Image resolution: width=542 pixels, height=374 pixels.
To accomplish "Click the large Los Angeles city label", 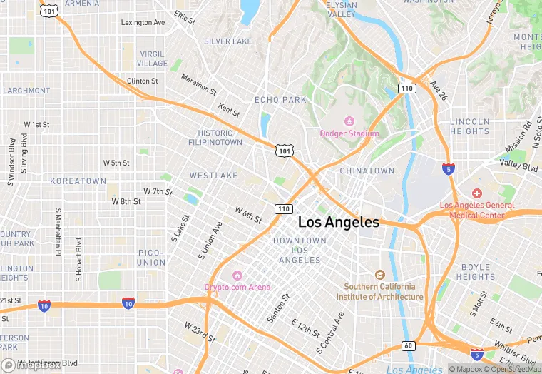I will click(x=339, y=222).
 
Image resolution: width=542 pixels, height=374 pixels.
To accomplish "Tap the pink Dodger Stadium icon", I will click(x=349, y=121).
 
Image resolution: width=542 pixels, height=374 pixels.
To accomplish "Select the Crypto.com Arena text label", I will click(x=237, y=287).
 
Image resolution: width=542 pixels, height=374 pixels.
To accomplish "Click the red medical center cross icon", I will click(x=477, y=194).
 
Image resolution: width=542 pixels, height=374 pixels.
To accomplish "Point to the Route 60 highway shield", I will click(x=408, y=346).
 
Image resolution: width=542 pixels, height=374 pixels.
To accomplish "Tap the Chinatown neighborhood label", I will click(x=367, y=171).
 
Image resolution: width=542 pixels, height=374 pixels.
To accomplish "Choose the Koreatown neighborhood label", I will click(x=78, y=181).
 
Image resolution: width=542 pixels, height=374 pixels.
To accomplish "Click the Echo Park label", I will click(x=280, y=100).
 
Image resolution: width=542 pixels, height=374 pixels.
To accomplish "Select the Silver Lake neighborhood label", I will click(x=227, y=41).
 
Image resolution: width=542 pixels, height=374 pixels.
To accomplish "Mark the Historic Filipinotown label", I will click(x=215, y=138).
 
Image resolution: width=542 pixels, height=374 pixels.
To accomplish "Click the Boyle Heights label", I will click(x=475, y=272).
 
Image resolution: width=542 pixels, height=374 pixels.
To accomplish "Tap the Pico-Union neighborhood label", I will click(x=151, y=258).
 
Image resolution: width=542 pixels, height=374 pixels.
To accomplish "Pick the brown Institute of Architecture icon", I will click(x=380, y=275).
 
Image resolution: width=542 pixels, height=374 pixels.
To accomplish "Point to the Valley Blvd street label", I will click(x=518, y=166).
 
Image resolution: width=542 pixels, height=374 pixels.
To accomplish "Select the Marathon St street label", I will click(x=199, y=84).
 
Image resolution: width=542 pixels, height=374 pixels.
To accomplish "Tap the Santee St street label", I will click(x=277, y=307).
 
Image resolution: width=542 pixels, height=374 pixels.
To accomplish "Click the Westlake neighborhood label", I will click(x=213, y=175).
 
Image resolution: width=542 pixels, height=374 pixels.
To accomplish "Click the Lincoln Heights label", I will click(x=469, y=126).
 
